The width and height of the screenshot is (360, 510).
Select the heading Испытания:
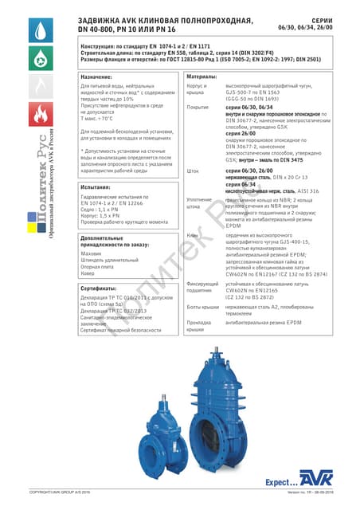[100, 188]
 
